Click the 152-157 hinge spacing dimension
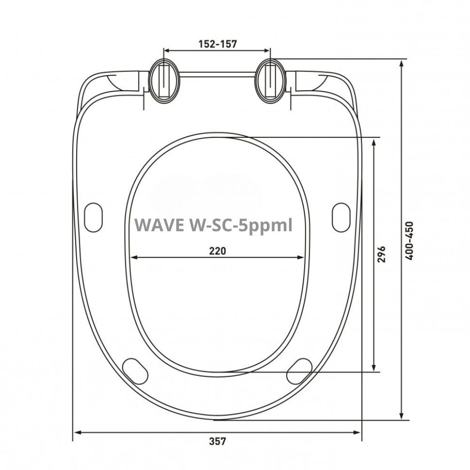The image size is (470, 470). [x=217, y=44]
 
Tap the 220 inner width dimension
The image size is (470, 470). [x=217, y=251]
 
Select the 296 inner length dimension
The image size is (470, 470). [x=381, y=254]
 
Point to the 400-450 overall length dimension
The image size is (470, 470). [x=409, y=241]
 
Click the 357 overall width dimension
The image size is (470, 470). [x=217, y=441]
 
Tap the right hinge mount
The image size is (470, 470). [x=271, y=80]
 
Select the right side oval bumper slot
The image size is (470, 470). [x=341, y=217]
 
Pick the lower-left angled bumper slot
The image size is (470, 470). [x=135, y=370]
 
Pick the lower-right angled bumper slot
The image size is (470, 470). [x=299, y=370]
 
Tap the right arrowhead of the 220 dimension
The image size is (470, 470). [x=301, y=257]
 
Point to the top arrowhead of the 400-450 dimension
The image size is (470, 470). [x=402, y=63]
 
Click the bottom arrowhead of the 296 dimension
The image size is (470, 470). [x=374, y=368]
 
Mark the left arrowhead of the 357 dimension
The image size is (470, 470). [x=78, y=432]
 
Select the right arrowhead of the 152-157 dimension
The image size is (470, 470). [x=267, y=50]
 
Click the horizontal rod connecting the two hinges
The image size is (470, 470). [x=218, y=74]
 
